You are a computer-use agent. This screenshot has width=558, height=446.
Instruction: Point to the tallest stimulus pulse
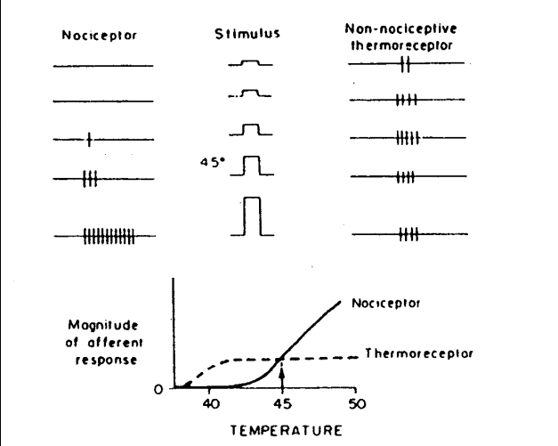pyautogui.click(x=252, y=216)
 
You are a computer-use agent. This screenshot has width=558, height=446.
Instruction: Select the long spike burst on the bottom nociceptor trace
pyautogui.click(x=109, y=236)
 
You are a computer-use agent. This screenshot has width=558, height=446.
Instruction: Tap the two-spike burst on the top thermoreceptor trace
pyautogui.click(x=405, y=64)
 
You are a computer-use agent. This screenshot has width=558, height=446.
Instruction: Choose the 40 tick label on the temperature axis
pyautogui.click(x=210, y=403)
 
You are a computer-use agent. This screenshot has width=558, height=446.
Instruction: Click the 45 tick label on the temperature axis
pyautogui.click(x=281, y=403)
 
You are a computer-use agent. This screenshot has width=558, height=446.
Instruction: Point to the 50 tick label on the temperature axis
pyautogui.click(x=353, y=403)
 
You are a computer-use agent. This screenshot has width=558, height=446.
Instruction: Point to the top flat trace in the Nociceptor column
pyautogui.click(x=102, y=65)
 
